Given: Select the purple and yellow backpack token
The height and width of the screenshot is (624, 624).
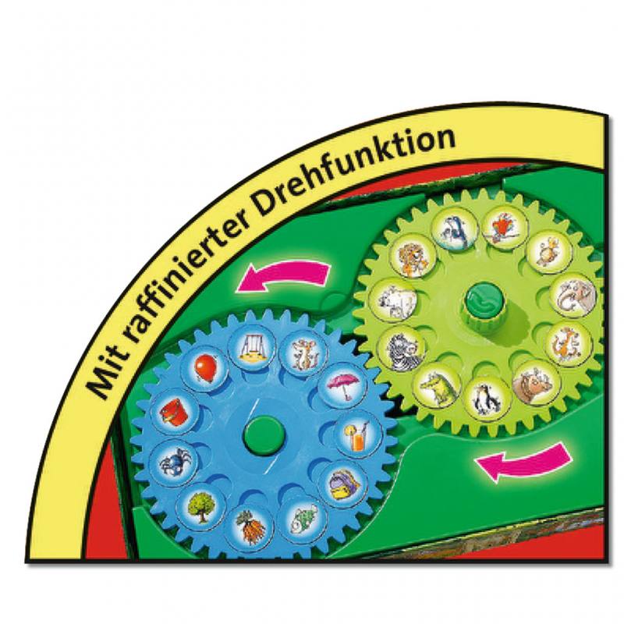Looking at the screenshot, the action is [342, 482].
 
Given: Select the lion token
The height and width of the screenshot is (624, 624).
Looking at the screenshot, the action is [415, 257].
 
